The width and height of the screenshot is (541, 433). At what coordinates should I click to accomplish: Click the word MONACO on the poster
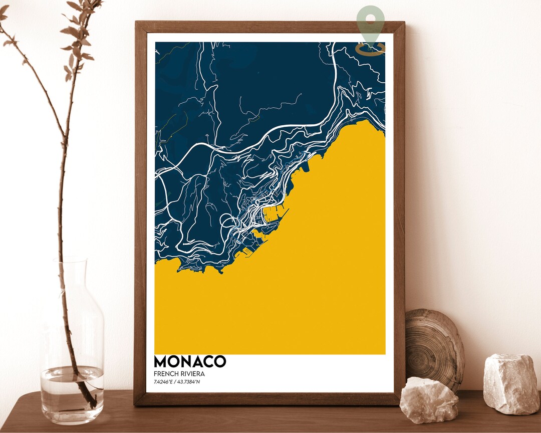tap(190, 362)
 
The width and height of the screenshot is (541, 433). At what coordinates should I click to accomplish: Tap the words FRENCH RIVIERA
tap(179, 374)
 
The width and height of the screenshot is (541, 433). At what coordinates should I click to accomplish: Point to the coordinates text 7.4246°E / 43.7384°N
tap(179, 382)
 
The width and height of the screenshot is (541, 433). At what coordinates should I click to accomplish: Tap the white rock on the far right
tap(511, 383)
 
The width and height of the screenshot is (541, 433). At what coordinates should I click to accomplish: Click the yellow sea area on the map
tap(301, 281)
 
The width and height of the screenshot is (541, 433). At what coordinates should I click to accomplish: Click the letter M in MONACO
tap(162, 362)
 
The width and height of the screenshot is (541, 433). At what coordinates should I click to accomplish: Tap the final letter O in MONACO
tap(219, 362)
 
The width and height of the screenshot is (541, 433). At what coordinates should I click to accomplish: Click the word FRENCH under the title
tap(166, 374)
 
